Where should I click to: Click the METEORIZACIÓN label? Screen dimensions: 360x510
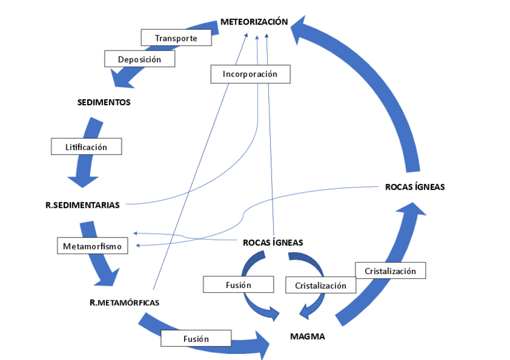254,22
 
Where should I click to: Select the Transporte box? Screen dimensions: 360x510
177,38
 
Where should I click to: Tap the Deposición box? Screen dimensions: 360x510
140,59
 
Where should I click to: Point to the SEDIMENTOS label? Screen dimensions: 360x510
104,102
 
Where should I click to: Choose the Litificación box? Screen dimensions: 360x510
86,147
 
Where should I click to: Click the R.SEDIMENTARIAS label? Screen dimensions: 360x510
82,205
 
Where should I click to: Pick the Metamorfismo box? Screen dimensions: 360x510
92,246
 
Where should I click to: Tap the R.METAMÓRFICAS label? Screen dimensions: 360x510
124,302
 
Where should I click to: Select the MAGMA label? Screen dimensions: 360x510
307,337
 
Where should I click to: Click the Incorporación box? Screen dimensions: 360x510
250,74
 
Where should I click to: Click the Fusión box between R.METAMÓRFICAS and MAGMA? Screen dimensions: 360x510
196,338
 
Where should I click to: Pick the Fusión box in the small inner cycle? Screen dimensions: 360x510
239,284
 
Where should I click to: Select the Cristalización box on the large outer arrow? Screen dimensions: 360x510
390,270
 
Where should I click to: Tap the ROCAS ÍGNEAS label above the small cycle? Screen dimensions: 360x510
272,243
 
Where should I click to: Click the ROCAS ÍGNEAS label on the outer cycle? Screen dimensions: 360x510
415,187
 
